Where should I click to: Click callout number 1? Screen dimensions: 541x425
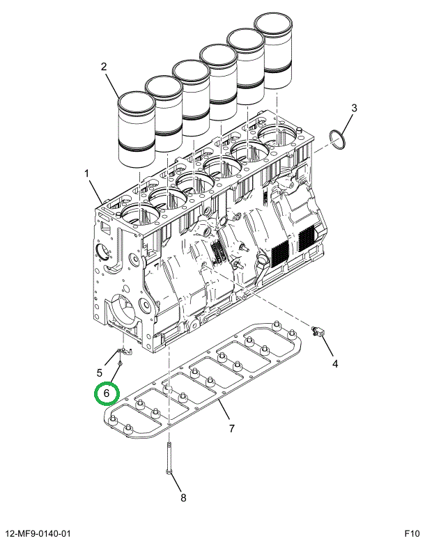[87, 173]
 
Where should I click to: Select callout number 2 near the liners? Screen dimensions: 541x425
[104, 67]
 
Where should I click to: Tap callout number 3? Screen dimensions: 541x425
[354, 108]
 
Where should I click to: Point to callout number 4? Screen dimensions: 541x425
[334, 363]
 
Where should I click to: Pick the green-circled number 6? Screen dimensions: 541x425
[107, 393]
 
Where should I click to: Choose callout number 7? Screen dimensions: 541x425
[231, 427]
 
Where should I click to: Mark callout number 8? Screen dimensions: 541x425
[183, 497]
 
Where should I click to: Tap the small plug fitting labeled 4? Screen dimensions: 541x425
[320, 333]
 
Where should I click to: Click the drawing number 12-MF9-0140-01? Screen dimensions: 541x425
[40, 533]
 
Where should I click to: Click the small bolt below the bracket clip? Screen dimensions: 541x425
[121, 363]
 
